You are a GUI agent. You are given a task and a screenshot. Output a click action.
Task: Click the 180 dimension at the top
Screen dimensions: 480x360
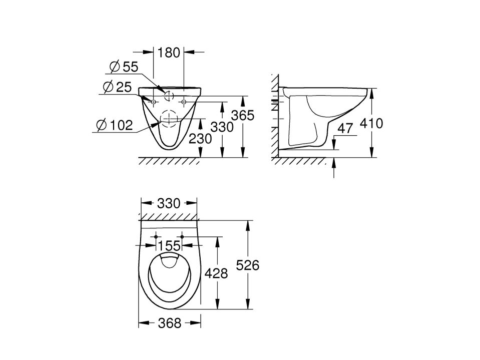[168, 53]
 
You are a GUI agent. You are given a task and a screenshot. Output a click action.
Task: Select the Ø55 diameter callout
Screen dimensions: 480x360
[124, 67]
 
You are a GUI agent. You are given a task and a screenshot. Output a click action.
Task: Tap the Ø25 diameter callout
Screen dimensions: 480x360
[117, 87]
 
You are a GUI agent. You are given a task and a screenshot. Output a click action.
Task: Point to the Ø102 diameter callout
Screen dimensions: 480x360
[115, 125]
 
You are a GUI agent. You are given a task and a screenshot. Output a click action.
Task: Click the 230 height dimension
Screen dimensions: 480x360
[200, 139]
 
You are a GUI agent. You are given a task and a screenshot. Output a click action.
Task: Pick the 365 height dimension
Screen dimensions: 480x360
[243, 115]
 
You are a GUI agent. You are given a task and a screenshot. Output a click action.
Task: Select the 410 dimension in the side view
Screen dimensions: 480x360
[371, 123]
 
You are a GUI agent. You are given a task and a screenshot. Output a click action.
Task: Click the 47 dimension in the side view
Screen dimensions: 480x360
[345, 128]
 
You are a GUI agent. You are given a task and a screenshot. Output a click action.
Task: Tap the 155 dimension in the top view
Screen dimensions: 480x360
[169, 245]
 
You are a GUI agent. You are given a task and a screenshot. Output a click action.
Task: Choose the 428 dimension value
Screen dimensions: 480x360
[216, 273]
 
